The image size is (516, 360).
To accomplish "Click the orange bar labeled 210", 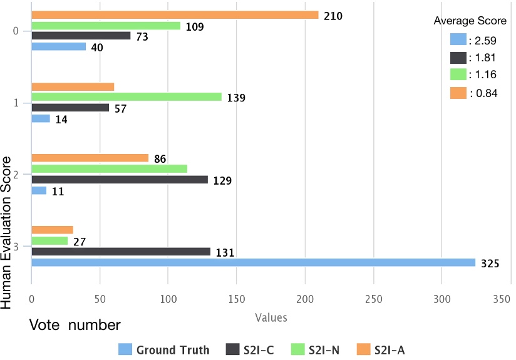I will pos(175,15).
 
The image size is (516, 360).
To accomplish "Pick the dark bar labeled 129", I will pos(119,180).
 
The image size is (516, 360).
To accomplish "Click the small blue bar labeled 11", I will pos(39,190).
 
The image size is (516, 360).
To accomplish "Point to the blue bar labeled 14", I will pos(41,118).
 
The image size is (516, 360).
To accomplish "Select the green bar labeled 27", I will pos(49,241).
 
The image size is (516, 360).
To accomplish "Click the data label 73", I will pos(143,36).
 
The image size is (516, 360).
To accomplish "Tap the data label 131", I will pos(224,253).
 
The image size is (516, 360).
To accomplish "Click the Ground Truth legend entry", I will pos(164,349).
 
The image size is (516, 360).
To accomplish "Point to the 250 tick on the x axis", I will pos(373,300).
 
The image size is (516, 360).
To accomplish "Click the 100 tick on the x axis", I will pos(168,300).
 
